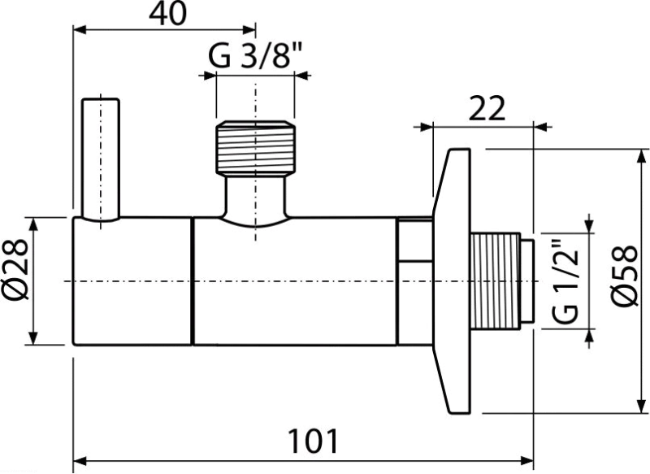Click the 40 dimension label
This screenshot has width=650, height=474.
click(x=168, y=14)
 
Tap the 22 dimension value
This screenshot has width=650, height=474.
click(x=487, y=109)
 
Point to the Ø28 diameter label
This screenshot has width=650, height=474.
click(x=16, y=270)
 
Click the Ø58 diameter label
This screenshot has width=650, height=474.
click(x=624, y=276)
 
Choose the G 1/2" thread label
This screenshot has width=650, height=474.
click(x=565, y=280)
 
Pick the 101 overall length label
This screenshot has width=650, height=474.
click(x=313, y=441)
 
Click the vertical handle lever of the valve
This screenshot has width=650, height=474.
click(x=101, y=159)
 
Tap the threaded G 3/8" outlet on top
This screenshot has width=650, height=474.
click(x=255, y=148)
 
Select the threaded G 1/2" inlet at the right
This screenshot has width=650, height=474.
click(x=495, y=281)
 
